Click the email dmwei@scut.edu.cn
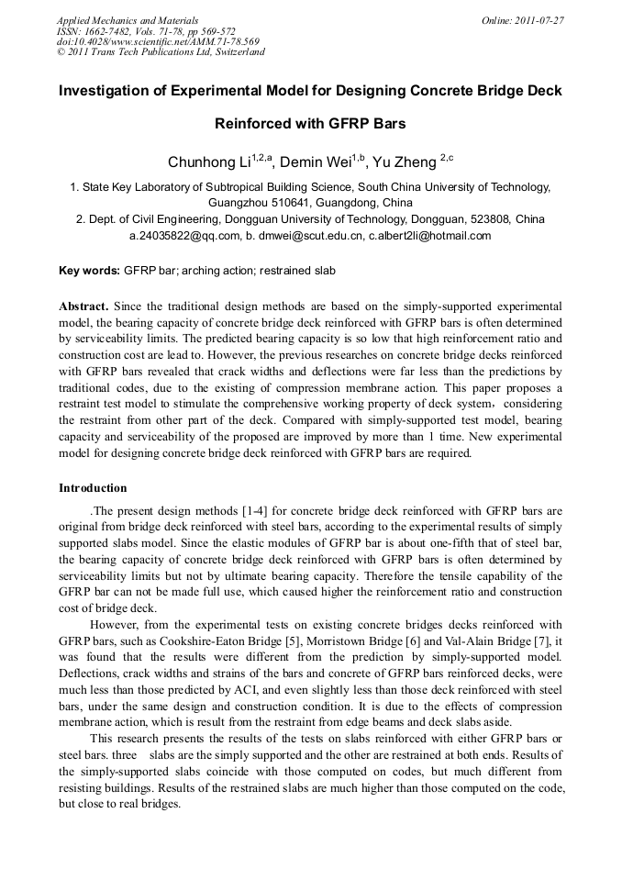(302, 236)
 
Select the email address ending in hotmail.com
(430, 236)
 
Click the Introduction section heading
(93, 488)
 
